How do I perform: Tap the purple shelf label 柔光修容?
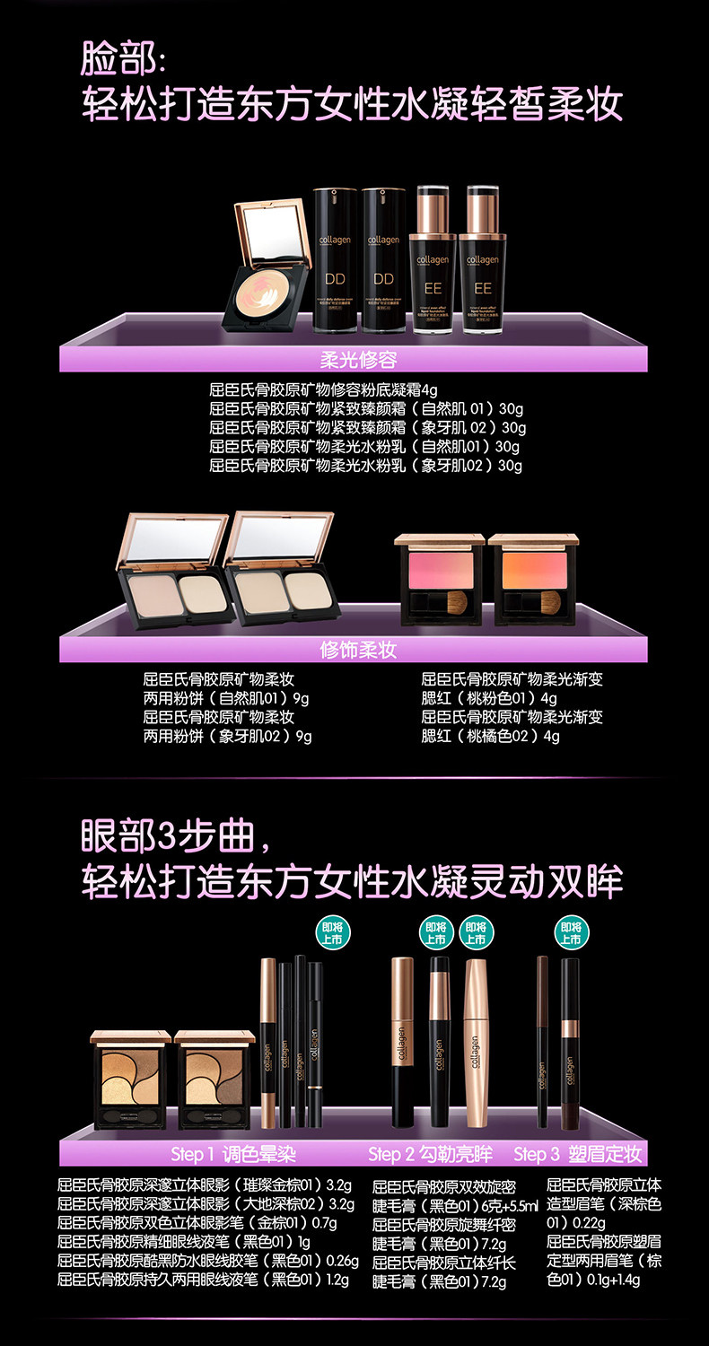click(358, 360)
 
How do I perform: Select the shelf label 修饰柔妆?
click(358, 649)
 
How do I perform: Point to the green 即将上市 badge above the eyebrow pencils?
click(570, 933)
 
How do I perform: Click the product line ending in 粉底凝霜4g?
click(324, 390)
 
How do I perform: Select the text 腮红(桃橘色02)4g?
click(490, 736)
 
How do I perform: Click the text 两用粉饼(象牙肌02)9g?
click(227, 736)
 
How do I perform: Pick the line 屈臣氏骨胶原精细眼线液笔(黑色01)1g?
click(185, 1241)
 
